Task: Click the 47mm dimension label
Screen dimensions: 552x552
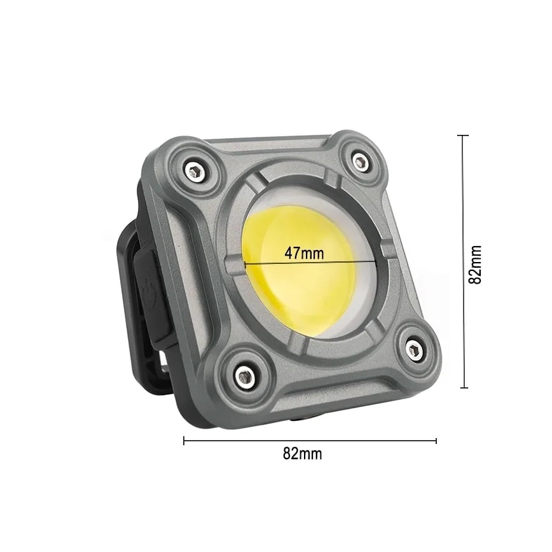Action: coord(303,252)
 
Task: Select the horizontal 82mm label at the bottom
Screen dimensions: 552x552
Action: coord(302,454)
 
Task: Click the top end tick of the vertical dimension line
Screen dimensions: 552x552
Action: coord(463,135)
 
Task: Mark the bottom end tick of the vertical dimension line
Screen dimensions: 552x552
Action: coord(463,388)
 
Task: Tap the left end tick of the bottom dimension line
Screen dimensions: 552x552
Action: coord(184,440)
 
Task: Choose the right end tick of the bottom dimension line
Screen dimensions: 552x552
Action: coord(436,440)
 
